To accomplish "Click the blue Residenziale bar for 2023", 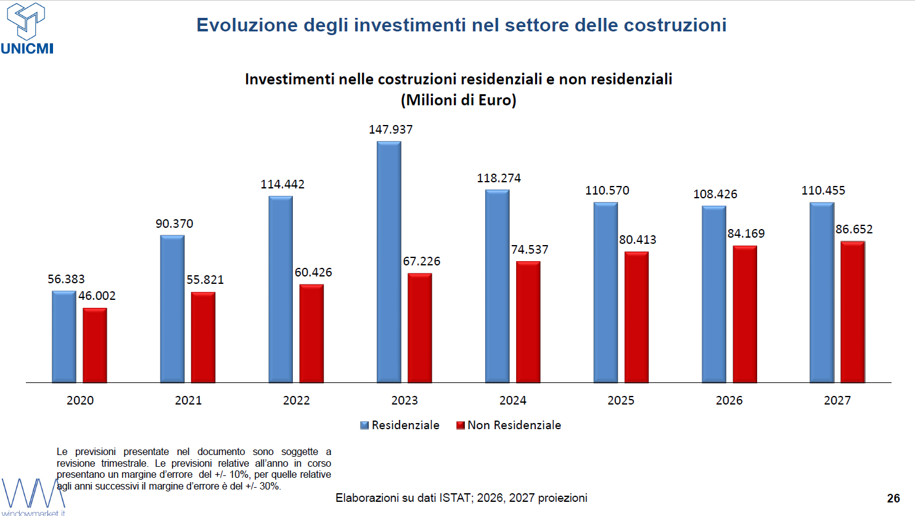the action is click(389, 262).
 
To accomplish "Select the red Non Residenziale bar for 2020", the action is click(95, 345).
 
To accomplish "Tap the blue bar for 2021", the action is click(173, 308).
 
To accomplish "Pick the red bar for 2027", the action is click(853, 312).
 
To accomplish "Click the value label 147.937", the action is click(391, 130).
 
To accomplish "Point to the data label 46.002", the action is click(97, 296).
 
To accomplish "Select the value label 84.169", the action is click(746, 233).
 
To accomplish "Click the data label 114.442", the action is click(282, 184).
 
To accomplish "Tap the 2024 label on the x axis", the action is click(512, 400).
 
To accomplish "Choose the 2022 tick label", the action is click(297, 400).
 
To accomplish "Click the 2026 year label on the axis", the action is click(729, 400).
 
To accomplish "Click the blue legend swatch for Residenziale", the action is click(364, 425).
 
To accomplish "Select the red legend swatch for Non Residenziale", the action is click(461, 425).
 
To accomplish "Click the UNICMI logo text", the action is click(27, 49).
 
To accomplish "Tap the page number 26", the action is click(893, 498).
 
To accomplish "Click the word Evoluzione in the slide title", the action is click(247, 25).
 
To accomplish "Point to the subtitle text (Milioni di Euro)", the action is click(458, 100).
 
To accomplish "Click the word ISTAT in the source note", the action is click(455, 498).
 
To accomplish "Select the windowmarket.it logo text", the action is click(33, 513).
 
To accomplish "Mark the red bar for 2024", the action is click(528, 322).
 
